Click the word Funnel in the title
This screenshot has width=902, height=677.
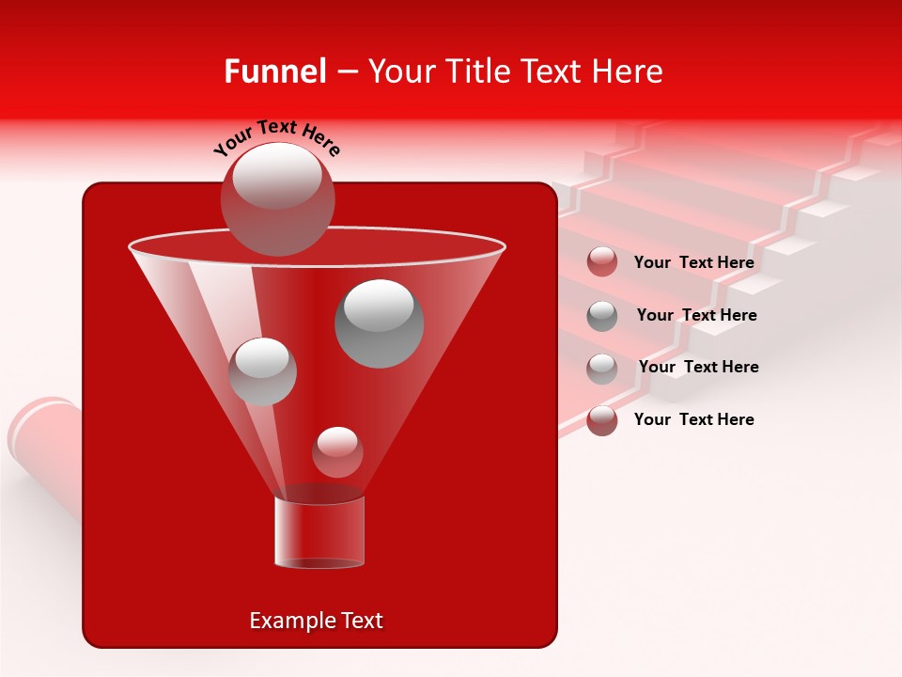point(275,71)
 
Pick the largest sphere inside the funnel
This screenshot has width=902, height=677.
point(379,323)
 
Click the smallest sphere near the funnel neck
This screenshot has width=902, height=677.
point(337,452)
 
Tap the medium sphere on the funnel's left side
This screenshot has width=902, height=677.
point(262,370)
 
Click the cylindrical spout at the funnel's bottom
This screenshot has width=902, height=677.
point(319,532)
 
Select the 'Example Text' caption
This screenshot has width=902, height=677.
point(317,621)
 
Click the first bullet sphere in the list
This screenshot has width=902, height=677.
point(602,262)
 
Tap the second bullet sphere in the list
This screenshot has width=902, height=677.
point(602,316)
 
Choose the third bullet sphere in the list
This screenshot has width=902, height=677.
point(602,368)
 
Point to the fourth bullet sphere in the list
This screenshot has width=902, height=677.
point(602,420)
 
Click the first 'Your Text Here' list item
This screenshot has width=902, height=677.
point(694,263)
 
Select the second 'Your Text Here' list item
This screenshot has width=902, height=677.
point(696,316)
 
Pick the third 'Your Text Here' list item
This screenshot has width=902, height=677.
point(698,368)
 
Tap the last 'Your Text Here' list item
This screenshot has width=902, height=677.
point(694,419)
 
